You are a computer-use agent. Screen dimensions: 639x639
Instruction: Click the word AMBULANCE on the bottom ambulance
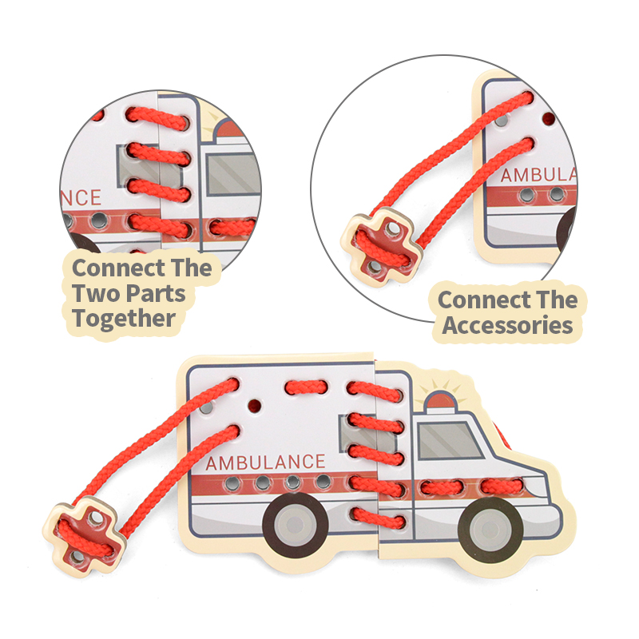coord(265,462)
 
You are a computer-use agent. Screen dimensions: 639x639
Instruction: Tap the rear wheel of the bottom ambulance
coord(296,525)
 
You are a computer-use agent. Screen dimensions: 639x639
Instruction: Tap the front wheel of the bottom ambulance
coord(490,530)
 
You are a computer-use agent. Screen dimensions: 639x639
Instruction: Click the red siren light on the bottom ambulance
coord(440,400)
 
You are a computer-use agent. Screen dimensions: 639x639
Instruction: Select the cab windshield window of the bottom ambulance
coord(450,441)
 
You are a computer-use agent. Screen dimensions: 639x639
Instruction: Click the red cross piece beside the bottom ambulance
coord(85,535)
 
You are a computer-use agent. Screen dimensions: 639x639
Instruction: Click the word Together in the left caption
coord(124,319)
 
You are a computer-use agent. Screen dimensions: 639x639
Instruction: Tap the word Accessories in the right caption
coord(507,325)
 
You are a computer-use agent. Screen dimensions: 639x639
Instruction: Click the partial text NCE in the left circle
coord(81,197)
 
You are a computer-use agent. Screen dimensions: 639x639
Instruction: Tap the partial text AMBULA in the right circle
coord(538,175)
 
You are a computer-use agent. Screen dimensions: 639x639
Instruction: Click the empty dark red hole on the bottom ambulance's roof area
coord(254,406)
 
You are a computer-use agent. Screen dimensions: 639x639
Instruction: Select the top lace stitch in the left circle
coord(157,118)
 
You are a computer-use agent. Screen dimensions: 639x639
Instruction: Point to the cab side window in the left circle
coord(232,174)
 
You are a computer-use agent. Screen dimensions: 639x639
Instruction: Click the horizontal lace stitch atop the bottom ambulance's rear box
coord(306,387)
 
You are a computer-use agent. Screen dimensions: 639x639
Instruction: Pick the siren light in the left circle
coord(229,129)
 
